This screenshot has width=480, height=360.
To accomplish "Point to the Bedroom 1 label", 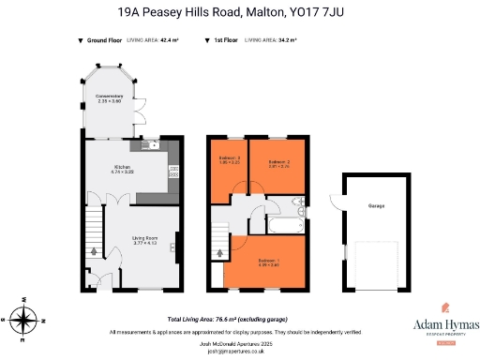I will pos(269,262).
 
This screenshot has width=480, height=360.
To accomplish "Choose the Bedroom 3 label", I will pos(231,159).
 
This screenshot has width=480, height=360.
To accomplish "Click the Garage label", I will pos(376,205).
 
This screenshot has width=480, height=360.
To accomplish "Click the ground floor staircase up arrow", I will pos(92,250).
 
